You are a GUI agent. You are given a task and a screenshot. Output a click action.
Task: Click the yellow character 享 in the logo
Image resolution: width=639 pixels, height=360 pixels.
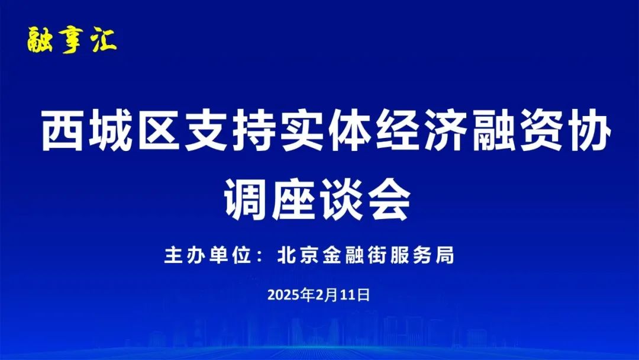pyautogui.click(x=72, y=40)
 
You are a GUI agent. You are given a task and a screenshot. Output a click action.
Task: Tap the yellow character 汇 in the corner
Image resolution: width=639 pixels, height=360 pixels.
pyautogui.click(x=104, y=40)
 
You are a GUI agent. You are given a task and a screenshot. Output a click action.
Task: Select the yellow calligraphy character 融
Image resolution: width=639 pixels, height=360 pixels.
pyautogui.click(x=40, y=40)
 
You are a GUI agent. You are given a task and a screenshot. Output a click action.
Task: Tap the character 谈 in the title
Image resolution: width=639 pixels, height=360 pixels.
pyautogui.click(x=343, y=199)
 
